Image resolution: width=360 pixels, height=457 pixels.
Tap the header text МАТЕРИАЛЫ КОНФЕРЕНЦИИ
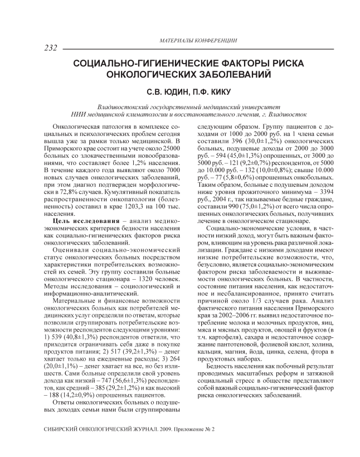[x=198, y=41]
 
